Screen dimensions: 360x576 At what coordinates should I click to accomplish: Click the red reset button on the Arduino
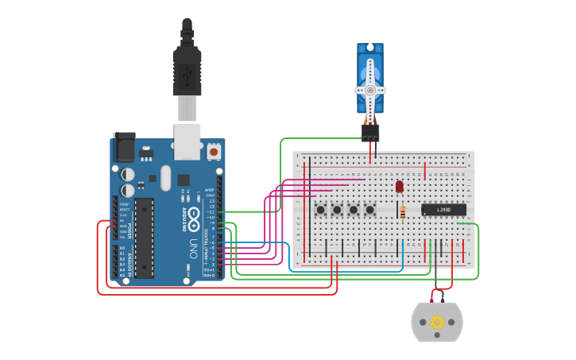click(x=214, y=150)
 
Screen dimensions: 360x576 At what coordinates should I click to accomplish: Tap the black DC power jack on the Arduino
click(x=123, y=148)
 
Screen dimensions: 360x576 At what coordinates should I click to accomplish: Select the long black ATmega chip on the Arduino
click(x=144, y=238)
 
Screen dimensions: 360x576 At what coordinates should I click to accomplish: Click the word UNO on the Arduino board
click(x=193, y=248)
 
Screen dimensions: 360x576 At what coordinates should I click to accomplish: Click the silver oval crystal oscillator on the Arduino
click(x=165, y=178)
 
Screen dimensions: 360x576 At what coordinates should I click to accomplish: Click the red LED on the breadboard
click(x=400, y=187)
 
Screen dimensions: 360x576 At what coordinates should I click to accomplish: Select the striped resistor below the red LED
click(x=403, y=211)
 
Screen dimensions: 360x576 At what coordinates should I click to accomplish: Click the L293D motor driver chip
click(x=443, y=210)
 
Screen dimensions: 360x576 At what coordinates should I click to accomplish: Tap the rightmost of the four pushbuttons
click(x=370, y=210)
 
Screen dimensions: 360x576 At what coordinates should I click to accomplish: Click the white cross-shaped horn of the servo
click(x=370, y=90)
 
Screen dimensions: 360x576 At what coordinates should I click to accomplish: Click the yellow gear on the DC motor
click(x=436, y=322)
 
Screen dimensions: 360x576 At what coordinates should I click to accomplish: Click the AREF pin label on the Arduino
click(x=210, y=190)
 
